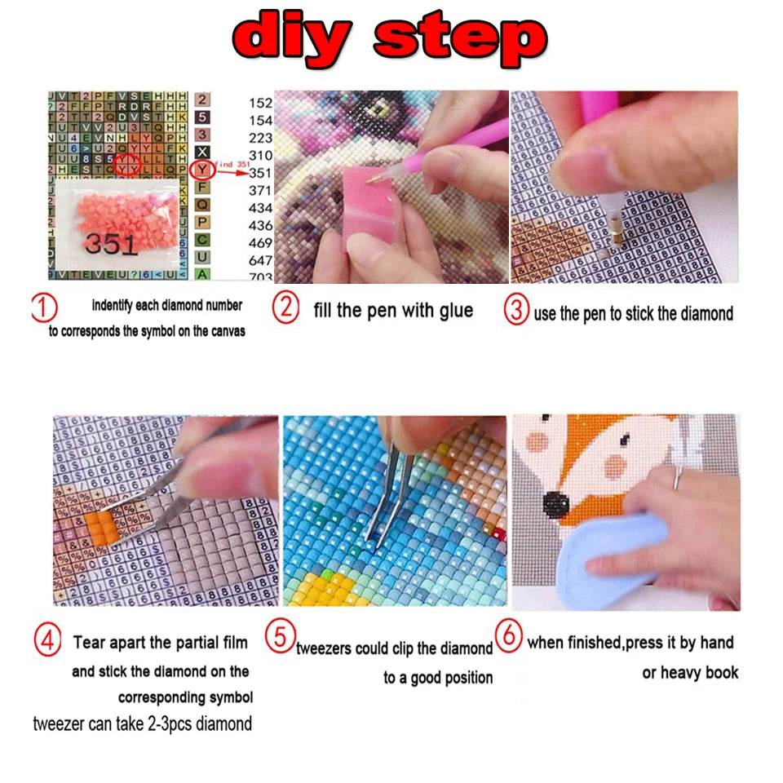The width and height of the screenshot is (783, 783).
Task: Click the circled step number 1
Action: click(43, 309)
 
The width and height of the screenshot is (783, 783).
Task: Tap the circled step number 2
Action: click(285, 308)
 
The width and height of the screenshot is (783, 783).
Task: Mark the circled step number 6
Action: click(509, 637)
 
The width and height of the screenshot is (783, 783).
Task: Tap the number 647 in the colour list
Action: click(261, 260)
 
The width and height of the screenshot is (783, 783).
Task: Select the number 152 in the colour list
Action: click(261, 103)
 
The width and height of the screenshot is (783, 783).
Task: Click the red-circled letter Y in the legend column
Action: click(201, 170)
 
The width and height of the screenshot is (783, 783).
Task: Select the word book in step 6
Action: click(721, 673)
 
